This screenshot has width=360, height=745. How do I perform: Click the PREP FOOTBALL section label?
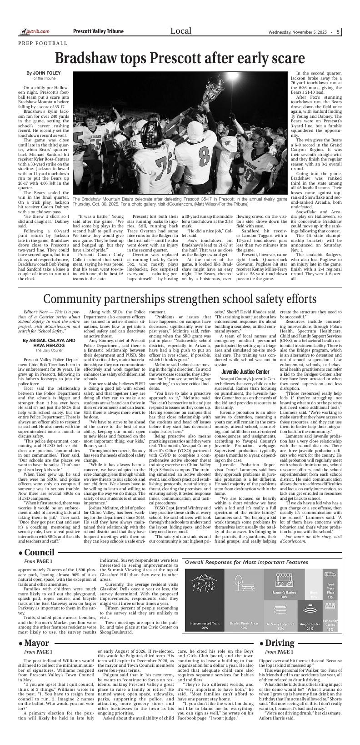[x=43, y=43]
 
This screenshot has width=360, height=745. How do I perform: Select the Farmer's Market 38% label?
[x=284, y=594]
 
